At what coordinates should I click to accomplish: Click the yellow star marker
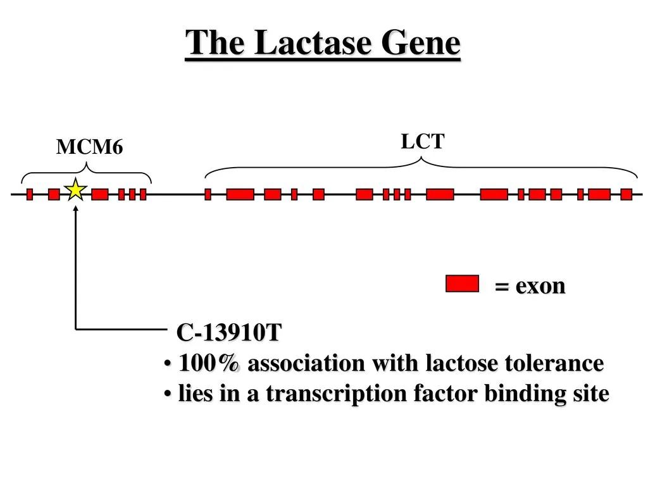(76, 190)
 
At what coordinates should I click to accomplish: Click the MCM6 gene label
(89, 147)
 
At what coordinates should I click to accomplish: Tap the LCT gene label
(422, 141)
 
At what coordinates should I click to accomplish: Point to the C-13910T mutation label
(229, 332)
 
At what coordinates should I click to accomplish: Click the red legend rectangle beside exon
(462, 283)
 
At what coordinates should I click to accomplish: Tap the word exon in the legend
(540, 286)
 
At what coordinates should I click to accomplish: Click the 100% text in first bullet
(209, 363)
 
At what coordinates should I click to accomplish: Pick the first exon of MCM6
(30, 194)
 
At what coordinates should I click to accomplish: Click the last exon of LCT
(626, 194)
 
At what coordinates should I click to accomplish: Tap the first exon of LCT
(208, 194)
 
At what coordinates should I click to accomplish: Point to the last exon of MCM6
(143, 194)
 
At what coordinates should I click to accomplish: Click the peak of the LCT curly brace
(421, 158)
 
